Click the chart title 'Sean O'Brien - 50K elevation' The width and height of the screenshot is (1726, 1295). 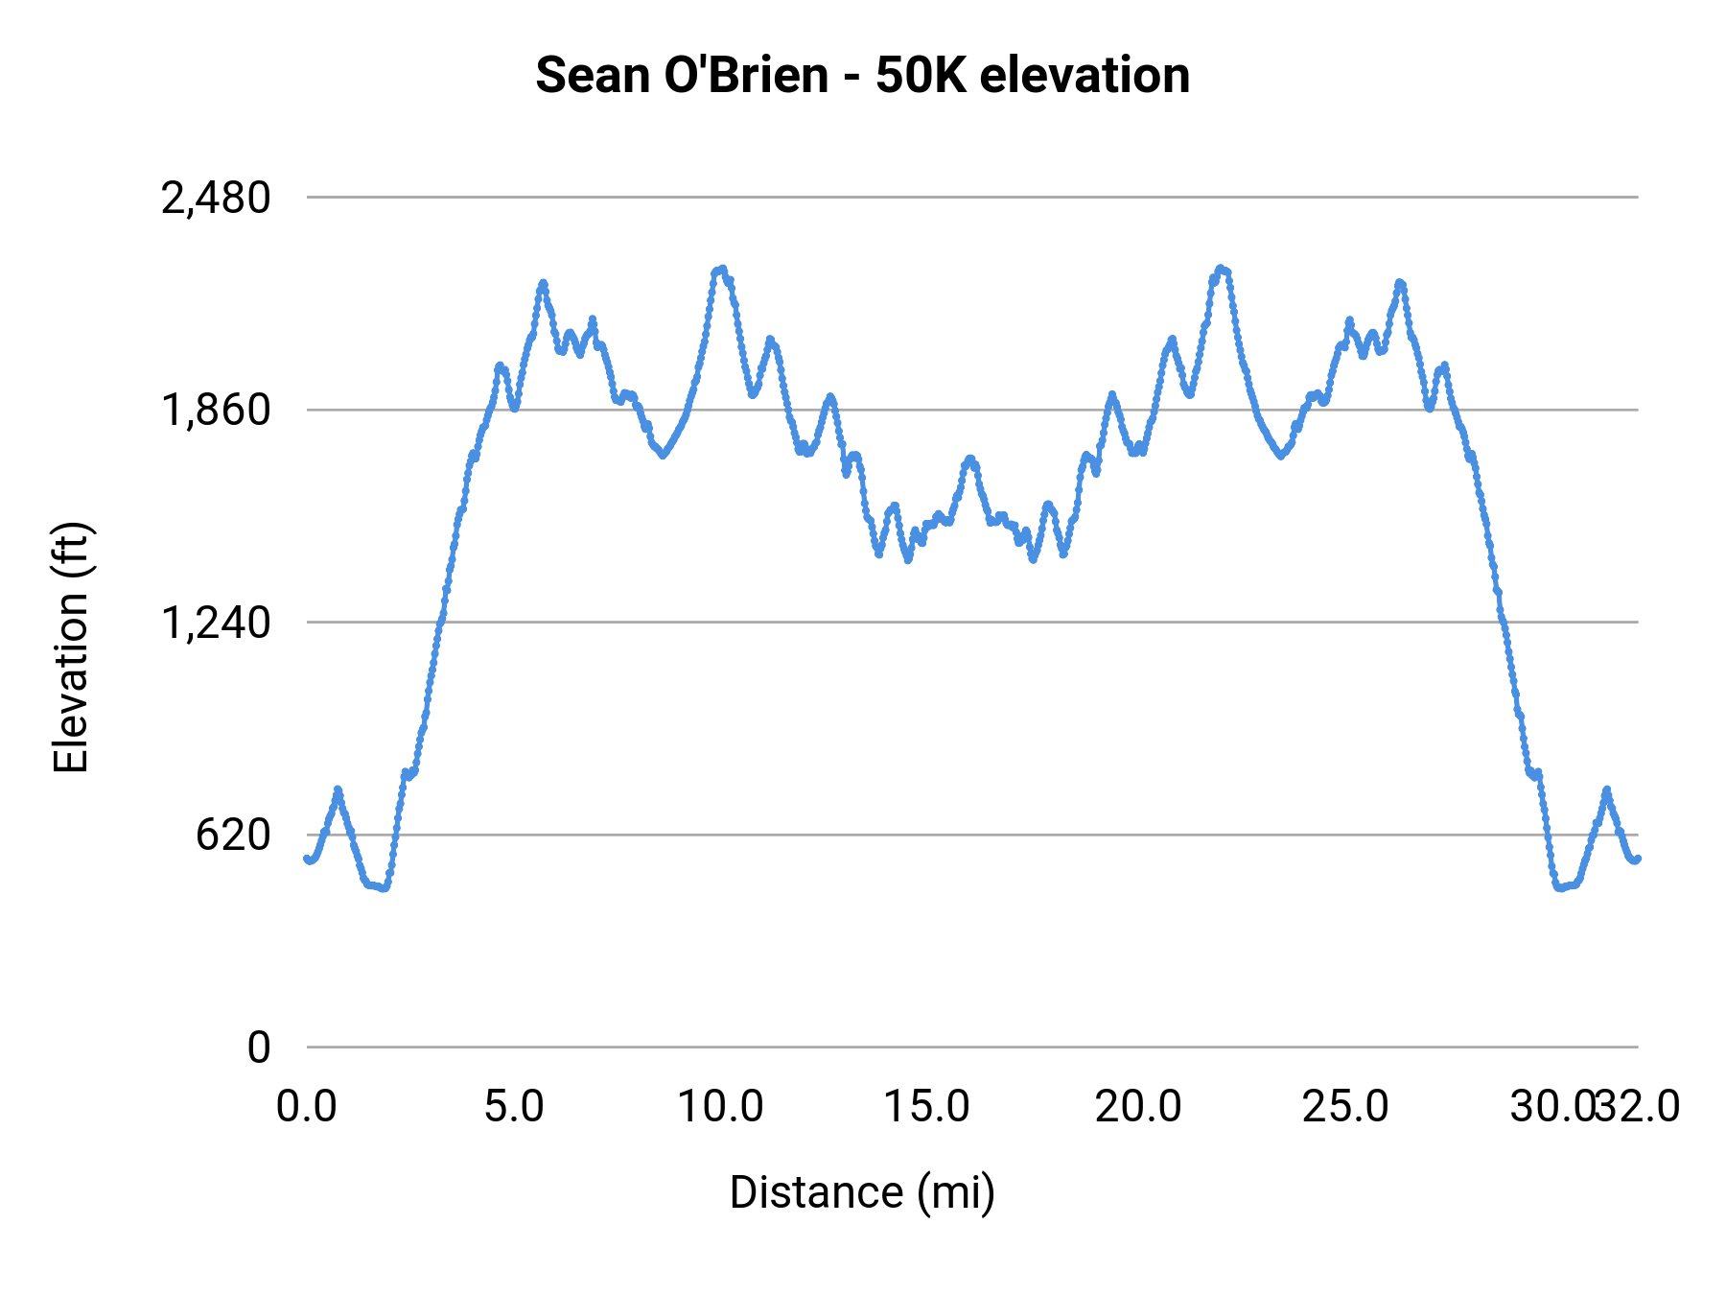pyautogui.click(x=862, y=75)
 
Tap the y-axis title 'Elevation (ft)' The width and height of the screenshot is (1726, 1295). pyautogui.click(x=71, y=647)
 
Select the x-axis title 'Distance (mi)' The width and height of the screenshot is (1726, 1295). pyautogui.click(x=862, y=1192)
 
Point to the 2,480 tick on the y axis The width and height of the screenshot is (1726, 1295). pyautogui.click(x=216, y=199)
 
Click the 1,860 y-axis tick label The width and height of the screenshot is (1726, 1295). pyautogui.click(x=216, y=411)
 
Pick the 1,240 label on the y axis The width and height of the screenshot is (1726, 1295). pyautogui.click(x=216, y=624)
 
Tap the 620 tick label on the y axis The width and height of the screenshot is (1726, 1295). pyautogui.click(x=233, y=836)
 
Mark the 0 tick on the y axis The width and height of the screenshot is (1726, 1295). pyautogui.click(x=259, y=1048)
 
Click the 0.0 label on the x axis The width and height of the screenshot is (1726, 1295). pyautogui.click(x=307, y=1106)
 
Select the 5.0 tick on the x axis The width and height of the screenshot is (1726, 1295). pyautogui.click(x=514, y=1106)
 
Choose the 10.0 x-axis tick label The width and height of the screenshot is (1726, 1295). pyautogui.click(x=721, y=1106)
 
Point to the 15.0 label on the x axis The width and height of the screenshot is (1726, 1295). pyautogui.click(x=927, y=1106)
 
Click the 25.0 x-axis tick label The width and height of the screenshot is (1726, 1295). pyautogui.click(x=1344, y=1106)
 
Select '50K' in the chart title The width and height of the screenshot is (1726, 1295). pyautogui.click(x=920, y=75)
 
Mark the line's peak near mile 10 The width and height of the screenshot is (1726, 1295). pyautogui.click(x=721, y=270)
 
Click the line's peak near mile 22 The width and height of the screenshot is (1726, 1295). pyautogui.click(x=1220, y=269)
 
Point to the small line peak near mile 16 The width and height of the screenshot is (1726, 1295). pyautogui.click(x=970, y=459)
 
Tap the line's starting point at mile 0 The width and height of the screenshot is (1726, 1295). pyautogui.click(x=307, y=859)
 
